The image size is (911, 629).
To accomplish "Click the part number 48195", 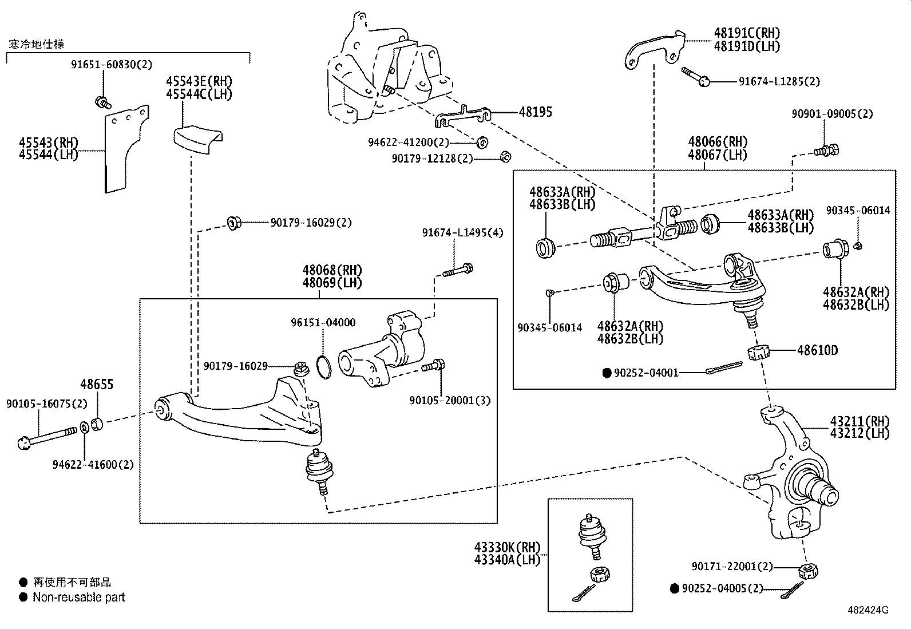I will click(536, 112).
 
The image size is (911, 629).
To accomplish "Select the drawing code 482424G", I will click(868, 610).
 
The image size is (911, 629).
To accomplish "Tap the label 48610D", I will click(817, 350).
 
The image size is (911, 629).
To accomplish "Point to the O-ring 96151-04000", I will click(323, 367).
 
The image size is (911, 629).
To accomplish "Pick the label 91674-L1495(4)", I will click(462, 233).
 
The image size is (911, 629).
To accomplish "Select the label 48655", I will click(97, 385).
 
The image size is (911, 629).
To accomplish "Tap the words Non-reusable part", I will click(78, 598).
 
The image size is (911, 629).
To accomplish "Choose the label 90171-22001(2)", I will click(732, 567).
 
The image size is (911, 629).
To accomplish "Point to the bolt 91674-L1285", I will click(696, 76).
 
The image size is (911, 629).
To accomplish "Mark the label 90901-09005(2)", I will click(832, 114).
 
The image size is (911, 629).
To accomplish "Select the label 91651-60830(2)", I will click(112, 65).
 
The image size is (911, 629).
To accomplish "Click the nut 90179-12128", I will click(505, 156).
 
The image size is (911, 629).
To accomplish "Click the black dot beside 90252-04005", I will click(675, 588).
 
